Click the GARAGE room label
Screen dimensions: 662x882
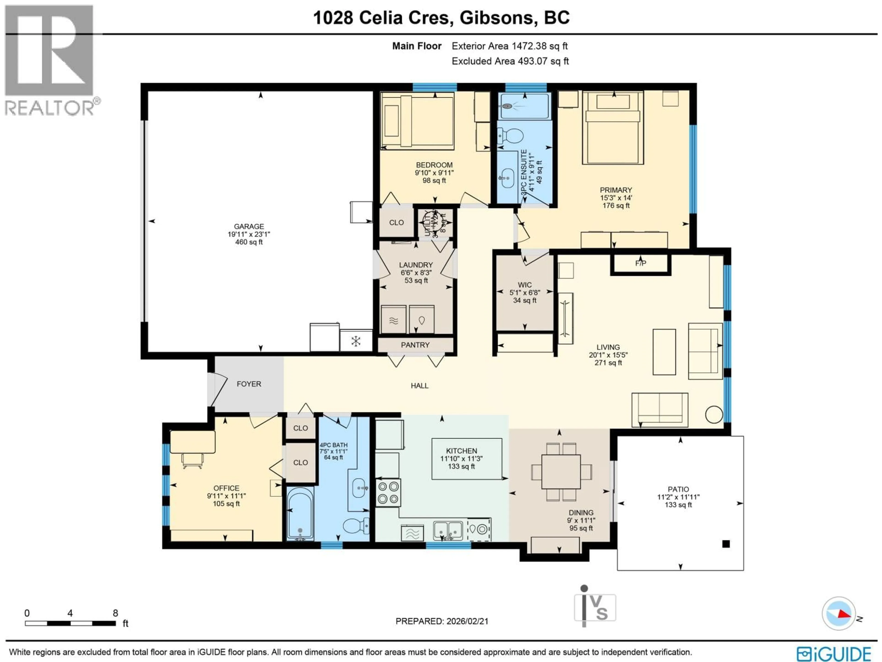(x=249, y=226)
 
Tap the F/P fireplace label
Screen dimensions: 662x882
(x=640, y=263)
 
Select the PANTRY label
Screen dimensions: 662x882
(x=415, y=345)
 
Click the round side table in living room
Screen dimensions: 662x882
(x=714, y=415)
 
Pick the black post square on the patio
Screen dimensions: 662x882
(x=726, y=543)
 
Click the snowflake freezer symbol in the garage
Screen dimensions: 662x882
(x=356, y=341)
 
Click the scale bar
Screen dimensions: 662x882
(x=70, y=623)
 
